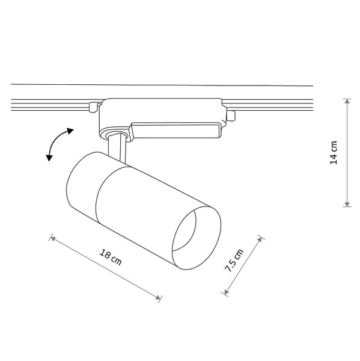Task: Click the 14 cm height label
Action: (x=334, y=152)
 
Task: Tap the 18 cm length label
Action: (x=112, y=258)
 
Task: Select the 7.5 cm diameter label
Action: (x=235, y=261)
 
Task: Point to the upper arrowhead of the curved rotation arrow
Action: (x=69, y=131)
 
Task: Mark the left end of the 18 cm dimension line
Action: (x=52, y=239)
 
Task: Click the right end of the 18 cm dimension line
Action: (x=160, y=297)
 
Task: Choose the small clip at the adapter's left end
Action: (x=93, y=108)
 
